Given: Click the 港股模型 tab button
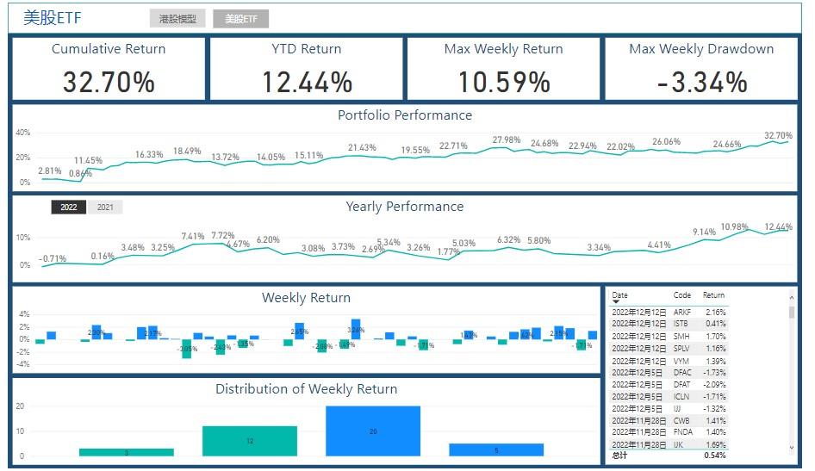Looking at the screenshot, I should (177, 18).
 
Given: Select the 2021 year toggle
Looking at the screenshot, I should (105, 207).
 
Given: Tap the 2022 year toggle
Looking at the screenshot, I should (69, 207).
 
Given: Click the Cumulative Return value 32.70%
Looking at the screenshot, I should (109, 82).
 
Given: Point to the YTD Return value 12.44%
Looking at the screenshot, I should (307, 82).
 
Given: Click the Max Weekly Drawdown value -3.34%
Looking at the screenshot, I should (701, 82).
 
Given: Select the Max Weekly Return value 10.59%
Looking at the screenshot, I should (504, 82).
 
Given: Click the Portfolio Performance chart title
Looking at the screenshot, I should (405, 115).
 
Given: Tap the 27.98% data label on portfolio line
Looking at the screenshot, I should (507, 139).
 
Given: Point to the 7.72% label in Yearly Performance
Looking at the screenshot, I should (222, 235).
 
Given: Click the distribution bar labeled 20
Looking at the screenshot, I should (373, 431).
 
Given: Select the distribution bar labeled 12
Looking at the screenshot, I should (250, 441).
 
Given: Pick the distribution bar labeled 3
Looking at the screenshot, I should (127, 452).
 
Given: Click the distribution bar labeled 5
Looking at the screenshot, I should (496, 449).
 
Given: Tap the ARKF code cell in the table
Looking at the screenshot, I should (682, 312).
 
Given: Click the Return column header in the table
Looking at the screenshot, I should (714, 295).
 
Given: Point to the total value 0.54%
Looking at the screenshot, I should (715, 455).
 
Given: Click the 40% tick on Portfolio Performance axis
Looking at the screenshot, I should (23, 133).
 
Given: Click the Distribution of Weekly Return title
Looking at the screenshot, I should (307, 389).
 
